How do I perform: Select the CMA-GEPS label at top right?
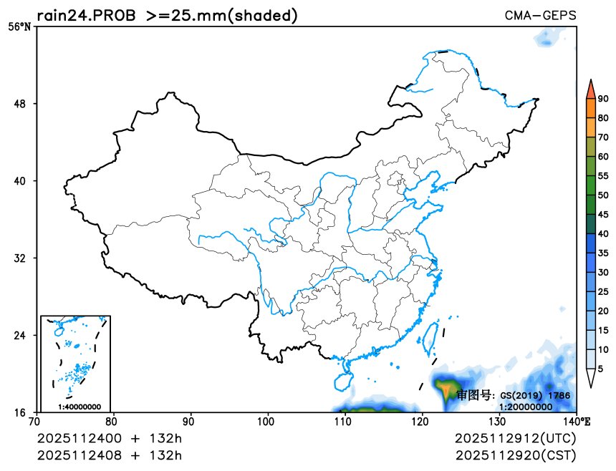coord(540,16)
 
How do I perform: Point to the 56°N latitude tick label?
coord(19,27)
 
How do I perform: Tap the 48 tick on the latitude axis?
coord(20,104)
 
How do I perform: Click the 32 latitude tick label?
coord(20,258)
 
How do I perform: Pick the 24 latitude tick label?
coord(20,335)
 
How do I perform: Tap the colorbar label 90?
coord(603,99)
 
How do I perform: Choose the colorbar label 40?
coord(603,233)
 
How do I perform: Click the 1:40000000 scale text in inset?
coord(79,407)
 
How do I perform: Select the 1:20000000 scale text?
coord(525,407)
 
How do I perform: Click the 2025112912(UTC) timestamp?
coord(515,438)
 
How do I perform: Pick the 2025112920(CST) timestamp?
coord(515,455)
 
